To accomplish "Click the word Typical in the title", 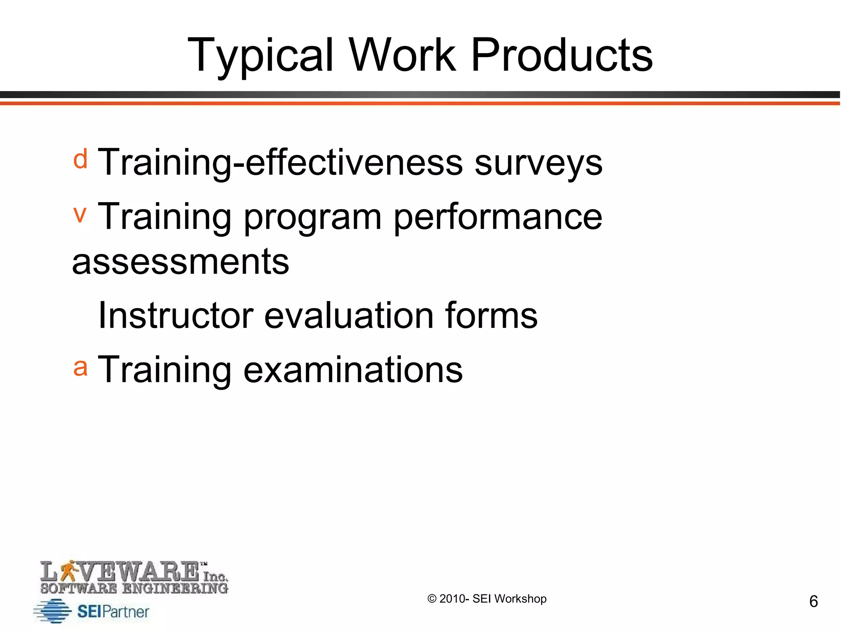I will point(260,55).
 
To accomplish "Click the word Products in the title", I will point(561,55).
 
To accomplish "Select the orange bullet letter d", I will point(80,159).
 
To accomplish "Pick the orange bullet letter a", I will point(80,367).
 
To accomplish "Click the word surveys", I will point(538,163).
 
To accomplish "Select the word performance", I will point(498,218).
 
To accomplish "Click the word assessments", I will point(181,262).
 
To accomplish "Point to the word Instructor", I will point(175,315).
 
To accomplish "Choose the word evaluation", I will point(349,315).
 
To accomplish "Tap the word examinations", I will point(353,370).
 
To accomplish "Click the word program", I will point(313,218).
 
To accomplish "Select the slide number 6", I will point(813,601).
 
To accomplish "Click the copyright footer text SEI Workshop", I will point(509,599).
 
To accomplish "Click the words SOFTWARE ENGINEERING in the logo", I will point(134,588).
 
